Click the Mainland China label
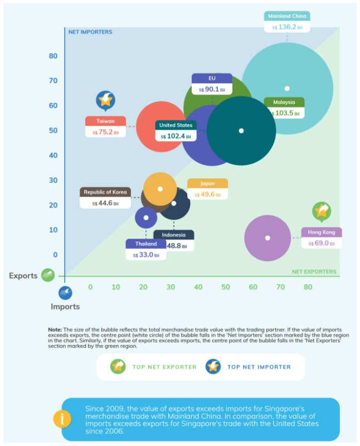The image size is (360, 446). click(287, 16)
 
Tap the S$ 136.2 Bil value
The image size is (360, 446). click(287, 27)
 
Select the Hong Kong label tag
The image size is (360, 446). click(322, 232)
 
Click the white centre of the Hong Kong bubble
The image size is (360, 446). click(267, 238)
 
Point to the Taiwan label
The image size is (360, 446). click(106, 121)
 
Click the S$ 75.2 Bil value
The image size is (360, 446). click(106, 132)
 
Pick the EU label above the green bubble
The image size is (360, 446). click(212, 79)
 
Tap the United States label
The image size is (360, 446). click(176, 125)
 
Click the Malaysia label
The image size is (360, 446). click(284, 102)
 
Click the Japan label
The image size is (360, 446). click(207, 184)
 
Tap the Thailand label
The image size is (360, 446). click(145, 244)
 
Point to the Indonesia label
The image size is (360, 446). click(174, 235)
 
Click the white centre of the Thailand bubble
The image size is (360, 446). click(146, 218)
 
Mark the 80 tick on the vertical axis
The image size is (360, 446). click(53, 56)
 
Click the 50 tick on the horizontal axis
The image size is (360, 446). click(226, 287)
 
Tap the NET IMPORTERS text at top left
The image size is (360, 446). click(90, 32)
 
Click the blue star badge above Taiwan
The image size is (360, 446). click(105, 100)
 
